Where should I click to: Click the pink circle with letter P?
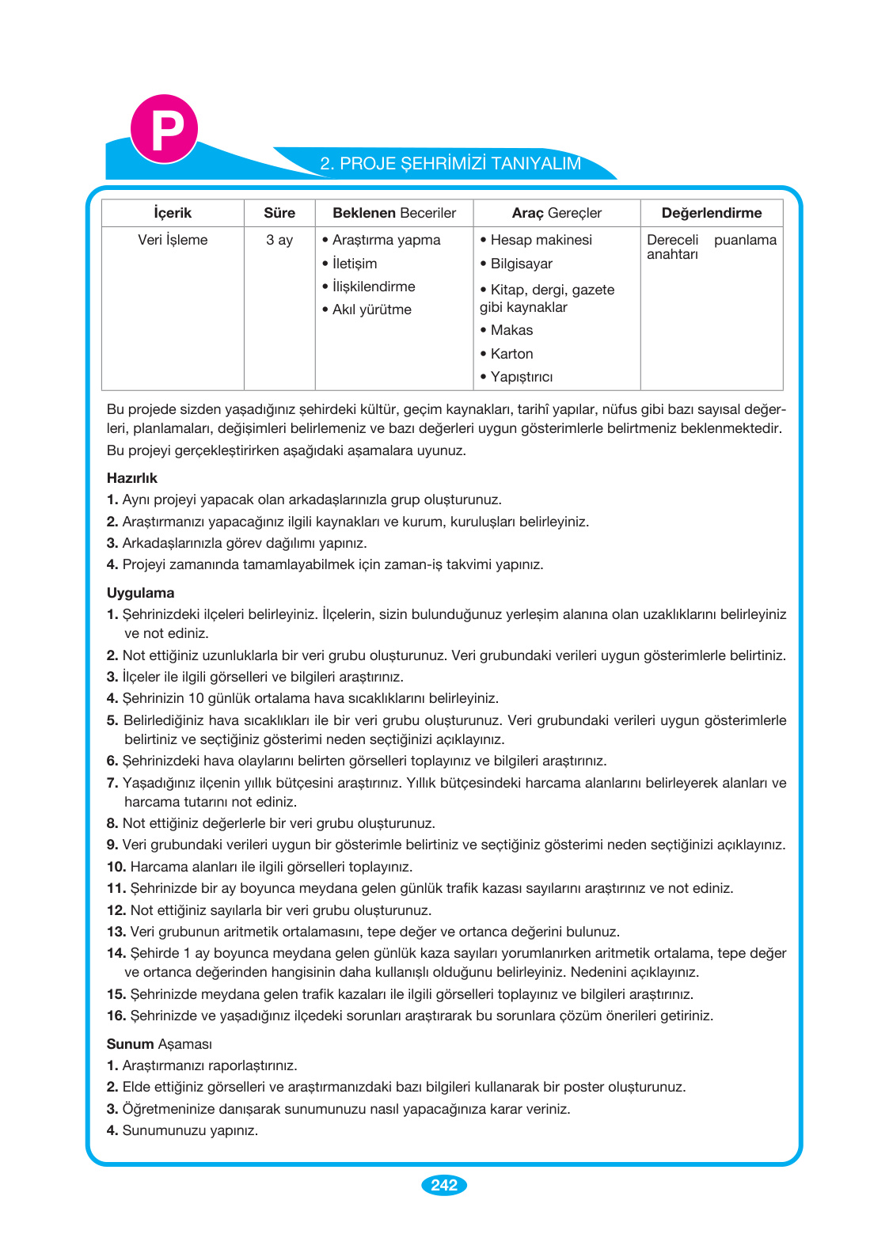(164, 129)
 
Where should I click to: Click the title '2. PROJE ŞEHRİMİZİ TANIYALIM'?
(450, 164)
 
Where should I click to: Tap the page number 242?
(444, 1185)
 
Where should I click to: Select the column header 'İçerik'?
(173, 213)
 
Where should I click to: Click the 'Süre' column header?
(279, 213)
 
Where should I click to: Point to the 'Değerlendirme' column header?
(711, 213)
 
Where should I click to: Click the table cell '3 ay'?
(279, 240)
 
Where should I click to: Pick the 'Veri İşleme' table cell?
(173, 240)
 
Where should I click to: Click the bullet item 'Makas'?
(511, 330)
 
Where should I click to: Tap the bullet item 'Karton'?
(511, 354)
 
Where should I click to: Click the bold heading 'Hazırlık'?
(132, 478)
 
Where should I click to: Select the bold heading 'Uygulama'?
(140, 593)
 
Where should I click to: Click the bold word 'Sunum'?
(130, 1044)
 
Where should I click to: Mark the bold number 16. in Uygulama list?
(116, 1016)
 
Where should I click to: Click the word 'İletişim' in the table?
(355, 264)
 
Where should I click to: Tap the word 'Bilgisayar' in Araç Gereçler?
(521, 264)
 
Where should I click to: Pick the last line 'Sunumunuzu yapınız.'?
(190, 1130)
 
